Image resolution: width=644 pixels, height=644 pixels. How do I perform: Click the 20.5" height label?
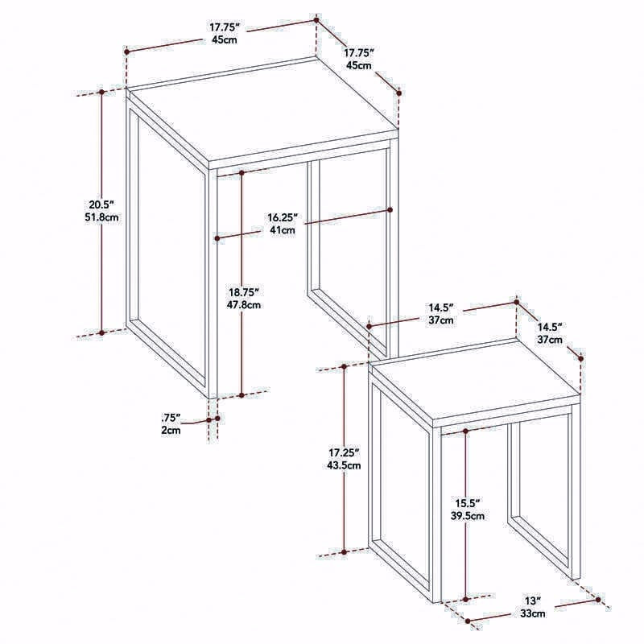[x=101, y=204]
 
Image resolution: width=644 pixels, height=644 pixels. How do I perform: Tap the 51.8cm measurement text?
[x=101, y=217]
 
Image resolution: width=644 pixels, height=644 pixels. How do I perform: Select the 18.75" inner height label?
[x=244, y=292]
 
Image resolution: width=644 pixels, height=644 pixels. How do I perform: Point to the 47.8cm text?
[x=244, y=305]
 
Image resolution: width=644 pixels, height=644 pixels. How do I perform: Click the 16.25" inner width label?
[x=283, y=217]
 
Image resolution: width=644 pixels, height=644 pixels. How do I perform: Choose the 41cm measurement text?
[x=283, y=230]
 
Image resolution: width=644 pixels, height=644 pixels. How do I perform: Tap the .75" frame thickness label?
[x=171, y=418]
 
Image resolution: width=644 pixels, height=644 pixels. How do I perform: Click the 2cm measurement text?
[x=171, y=431]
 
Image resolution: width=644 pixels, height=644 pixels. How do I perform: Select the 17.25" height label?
[x=345, y=452]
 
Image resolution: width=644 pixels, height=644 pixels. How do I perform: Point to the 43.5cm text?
[x=345, y=465]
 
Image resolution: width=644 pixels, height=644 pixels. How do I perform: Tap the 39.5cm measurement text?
[x=468, y=515]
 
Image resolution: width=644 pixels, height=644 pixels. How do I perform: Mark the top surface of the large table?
[x=263, y=110]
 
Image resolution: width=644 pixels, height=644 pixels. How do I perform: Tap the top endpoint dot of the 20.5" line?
[x=102, y=92]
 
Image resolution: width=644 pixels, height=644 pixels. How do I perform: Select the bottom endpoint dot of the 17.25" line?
[x=345, y=552]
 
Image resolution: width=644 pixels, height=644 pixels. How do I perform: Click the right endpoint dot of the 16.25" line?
[x=390, y=210]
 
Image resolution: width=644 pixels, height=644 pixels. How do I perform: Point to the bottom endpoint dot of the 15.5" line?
[x=466, y=600]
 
